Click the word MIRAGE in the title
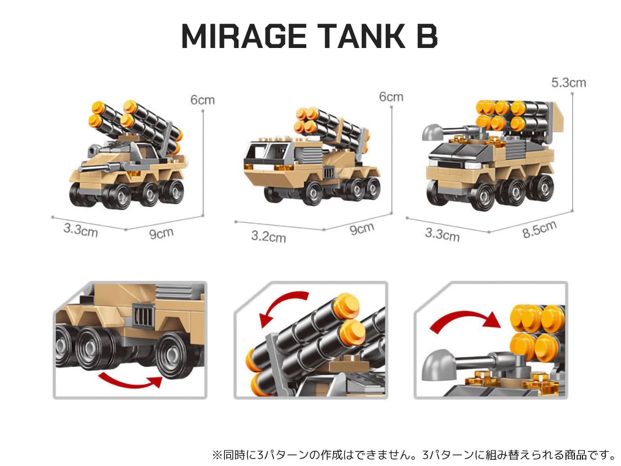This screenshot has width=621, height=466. click(244, 36)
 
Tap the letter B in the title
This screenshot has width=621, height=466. click(427, 36)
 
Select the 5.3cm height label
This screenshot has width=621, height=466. click(568, 83)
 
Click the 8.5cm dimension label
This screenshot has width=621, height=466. click(539, 229)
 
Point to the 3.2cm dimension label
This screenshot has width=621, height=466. click(269, 237)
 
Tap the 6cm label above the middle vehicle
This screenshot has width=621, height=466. click(391, 97)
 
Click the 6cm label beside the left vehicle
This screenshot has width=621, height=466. click(202, 100)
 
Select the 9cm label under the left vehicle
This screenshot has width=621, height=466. click(161, 233)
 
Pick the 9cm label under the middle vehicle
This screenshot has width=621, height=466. click(362, 229)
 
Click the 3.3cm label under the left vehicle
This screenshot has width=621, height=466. click(80, 230)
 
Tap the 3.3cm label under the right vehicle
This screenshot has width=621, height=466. click(442, 234)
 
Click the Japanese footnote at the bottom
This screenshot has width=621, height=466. click(414, 455)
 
